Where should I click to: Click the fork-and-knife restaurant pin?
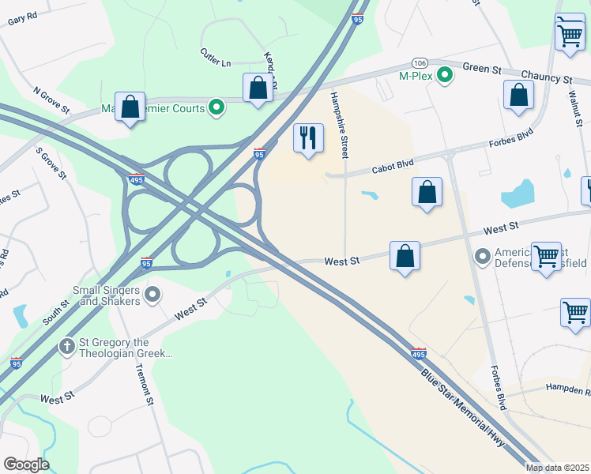[x=308, y=137]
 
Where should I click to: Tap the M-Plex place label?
[x=416, y=76]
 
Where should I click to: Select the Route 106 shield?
[x=419, y=62]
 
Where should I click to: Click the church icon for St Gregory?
[x=67, y=347]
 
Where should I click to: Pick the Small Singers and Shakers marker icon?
[x=153, y=295]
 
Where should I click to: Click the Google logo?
[x=26, y=465]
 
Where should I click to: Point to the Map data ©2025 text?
[x=557, y=468]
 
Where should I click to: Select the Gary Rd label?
[x=22, y=18]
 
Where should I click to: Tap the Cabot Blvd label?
[x=393, y=167]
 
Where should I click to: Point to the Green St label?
[x=482, y=69]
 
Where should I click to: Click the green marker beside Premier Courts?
[x=215, y=108]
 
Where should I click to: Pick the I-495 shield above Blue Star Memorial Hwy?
[x=419, y=353]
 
